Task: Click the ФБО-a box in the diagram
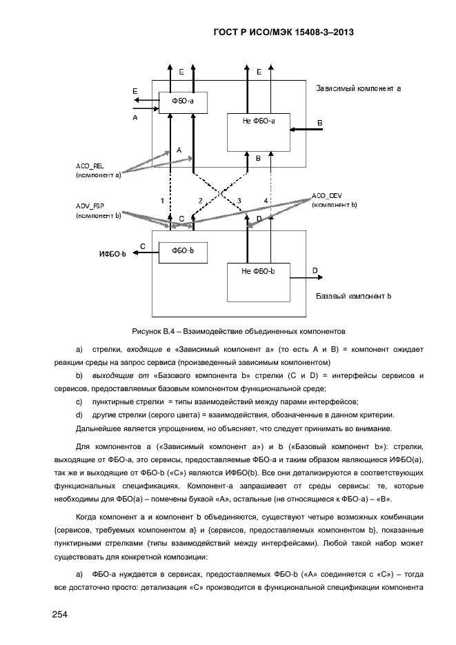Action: [x=183, y=102]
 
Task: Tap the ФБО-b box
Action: [x=183, y=250]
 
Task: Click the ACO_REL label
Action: [x=90, y=166]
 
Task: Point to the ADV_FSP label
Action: [x=90, y=206]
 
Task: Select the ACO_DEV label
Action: [x=327, y=196]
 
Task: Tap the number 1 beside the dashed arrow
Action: [x=162, y=200]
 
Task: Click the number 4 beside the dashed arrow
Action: [x=266, y=200]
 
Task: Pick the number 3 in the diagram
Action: [x=239, y=200]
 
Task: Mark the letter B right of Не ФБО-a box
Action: [x=319, y=121]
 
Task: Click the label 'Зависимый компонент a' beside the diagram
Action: [x=359, y=88]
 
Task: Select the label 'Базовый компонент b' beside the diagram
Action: [x=354, y=296]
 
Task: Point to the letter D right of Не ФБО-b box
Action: [x=315, y=271]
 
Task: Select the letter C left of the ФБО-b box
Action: [x=142, y=246]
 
